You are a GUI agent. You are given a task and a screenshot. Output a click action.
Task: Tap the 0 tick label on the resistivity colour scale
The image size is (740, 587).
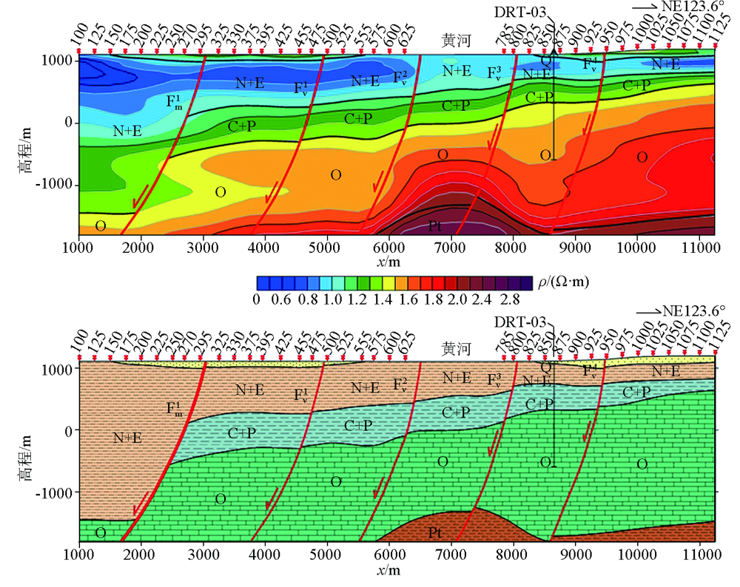(256, 300)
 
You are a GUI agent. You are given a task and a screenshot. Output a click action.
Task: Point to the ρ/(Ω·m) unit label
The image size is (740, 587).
(564, 282)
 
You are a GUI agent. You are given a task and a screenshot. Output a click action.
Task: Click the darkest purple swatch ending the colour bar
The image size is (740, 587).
(526, 282)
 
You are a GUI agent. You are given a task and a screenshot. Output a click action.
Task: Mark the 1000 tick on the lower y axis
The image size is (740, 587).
(60, 368)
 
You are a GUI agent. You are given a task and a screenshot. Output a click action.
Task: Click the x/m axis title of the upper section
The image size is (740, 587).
(390, 262)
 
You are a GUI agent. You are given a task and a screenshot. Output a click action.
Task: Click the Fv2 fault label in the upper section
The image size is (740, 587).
(400, 78)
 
